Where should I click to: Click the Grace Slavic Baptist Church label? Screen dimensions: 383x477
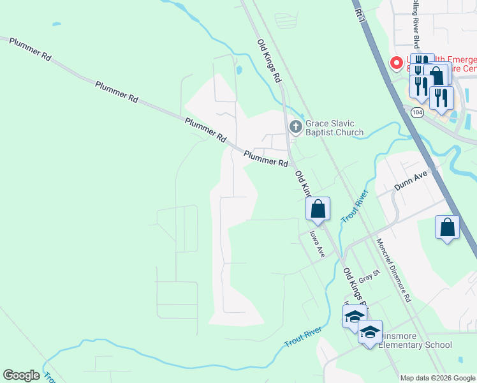[334, 128]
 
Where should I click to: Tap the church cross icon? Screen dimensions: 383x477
[295, 126]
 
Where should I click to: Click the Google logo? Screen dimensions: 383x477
[21, 375]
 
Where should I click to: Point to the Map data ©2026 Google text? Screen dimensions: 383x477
[437, 378]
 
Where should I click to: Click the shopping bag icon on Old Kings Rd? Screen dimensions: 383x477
[318, 209]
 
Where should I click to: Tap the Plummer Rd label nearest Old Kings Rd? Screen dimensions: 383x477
[266, 158]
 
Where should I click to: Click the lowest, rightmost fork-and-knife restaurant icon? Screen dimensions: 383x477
[441, 97]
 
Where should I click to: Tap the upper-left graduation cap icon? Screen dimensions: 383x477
[354, 317]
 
